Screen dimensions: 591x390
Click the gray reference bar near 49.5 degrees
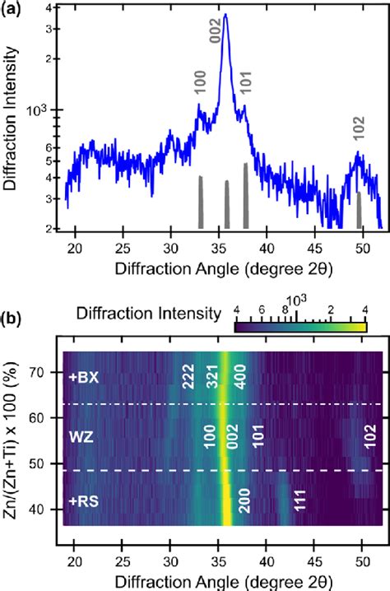[359, 210]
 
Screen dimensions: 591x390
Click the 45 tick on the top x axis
[313, 245]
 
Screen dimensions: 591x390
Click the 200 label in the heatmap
[244, 504]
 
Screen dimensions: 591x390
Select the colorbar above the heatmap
[300, 327]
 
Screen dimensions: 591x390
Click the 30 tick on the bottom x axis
[170, 542]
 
